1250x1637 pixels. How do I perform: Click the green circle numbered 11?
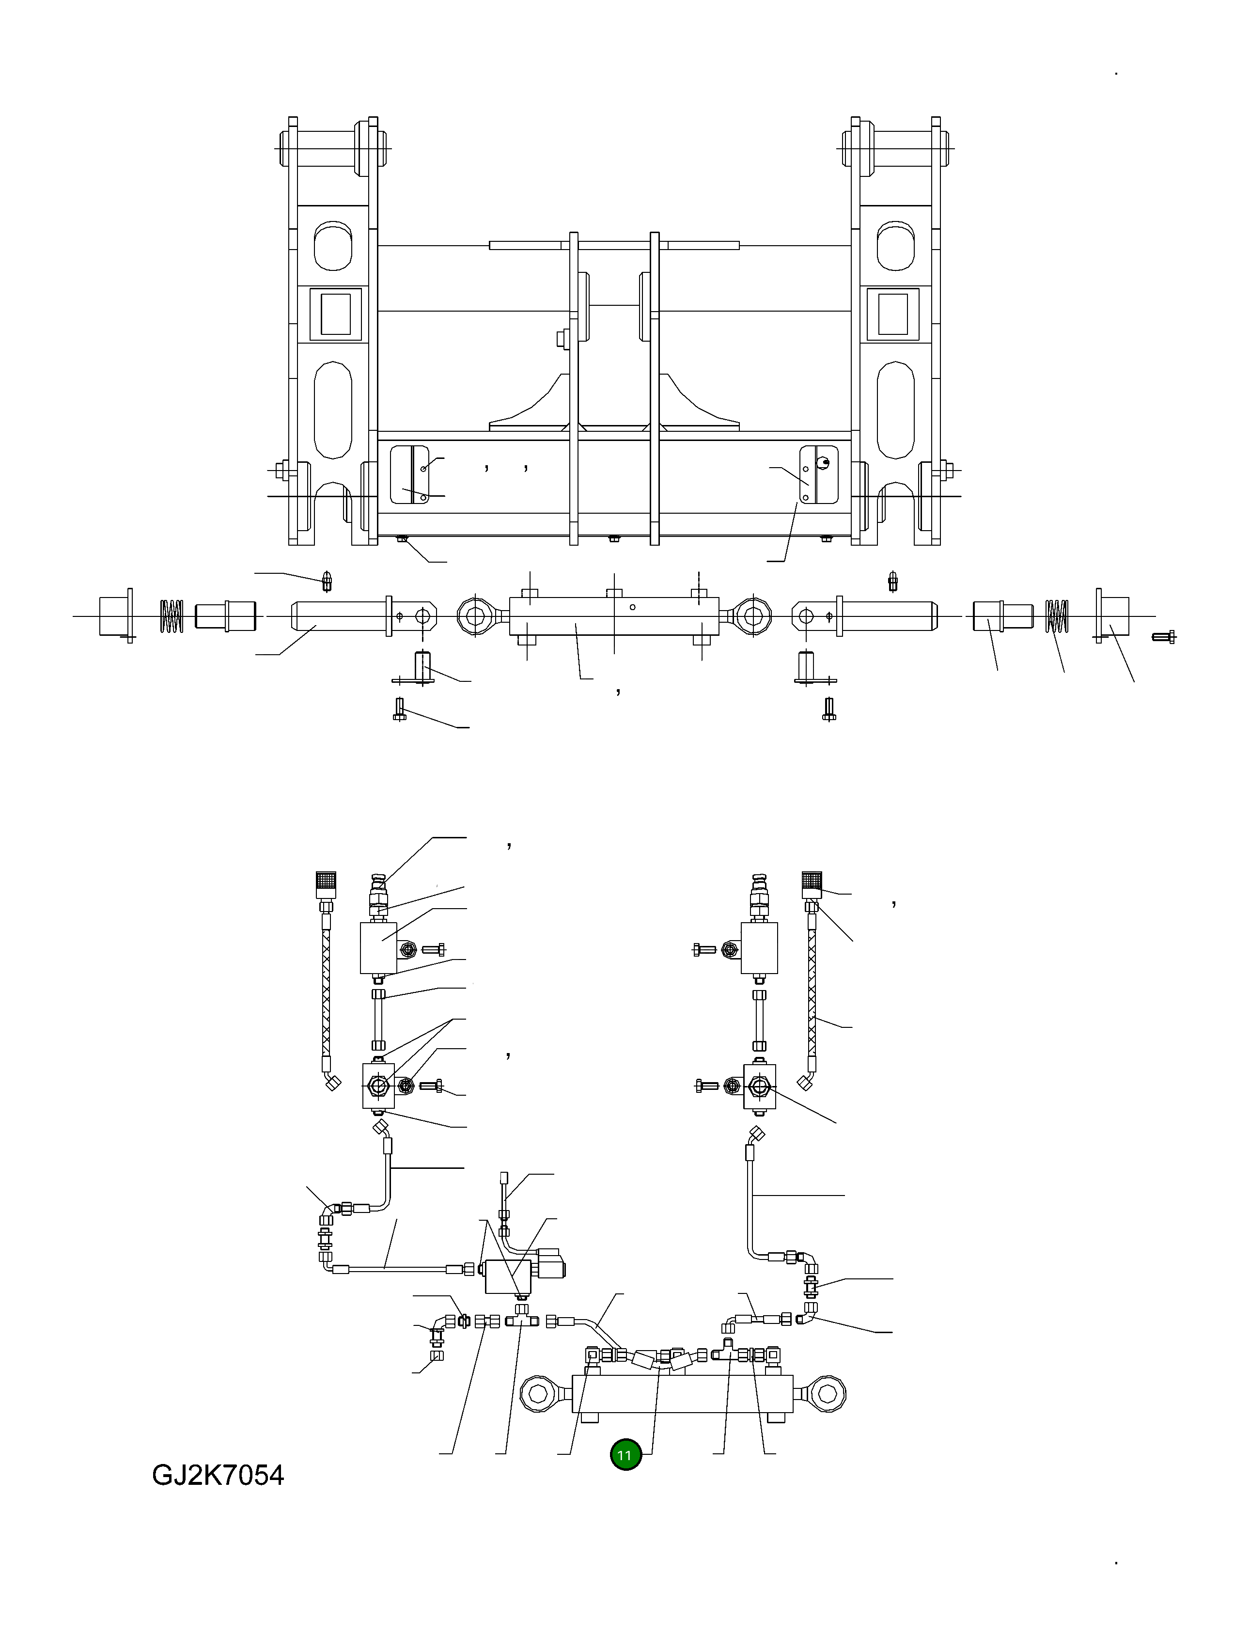pyautogui.click(x=625, y=1455)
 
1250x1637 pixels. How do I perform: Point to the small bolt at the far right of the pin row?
pyautogui.click(x=1163, y=636)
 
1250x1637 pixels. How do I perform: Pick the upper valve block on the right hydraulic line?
pyautogui.click(x=760, y=948)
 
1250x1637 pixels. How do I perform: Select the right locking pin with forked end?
pyautogui.click(x=867, y=616)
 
